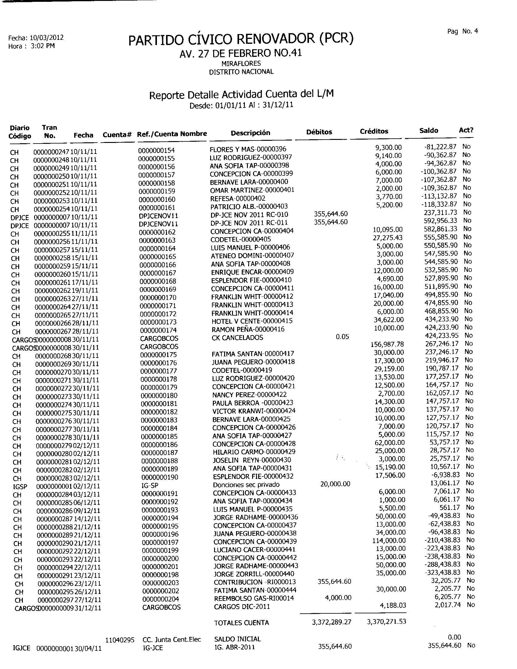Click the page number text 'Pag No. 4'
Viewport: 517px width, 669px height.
(462, 32)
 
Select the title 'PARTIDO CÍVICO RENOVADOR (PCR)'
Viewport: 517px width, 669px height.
(241, 39)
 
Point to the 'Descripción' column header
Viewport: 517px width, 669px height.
(250, 133)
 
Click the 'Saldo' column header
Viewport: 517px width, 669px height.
(429, 131)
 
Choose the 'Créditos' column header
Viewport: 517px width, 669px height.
(374, 131)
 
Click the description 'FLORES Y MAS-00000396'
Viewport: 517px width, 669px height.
(248, 149)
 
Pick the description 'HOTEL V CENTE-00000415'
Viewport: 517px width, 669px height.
(252, 321)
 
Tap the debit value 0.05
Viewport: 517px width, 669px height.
(342, 337)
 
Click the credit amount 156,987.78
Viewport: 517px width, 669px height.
(387, 344)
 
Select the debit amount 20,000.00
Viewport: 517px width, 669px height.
(335, 484)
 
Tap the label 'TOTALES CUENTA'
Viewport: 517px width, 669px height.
(241, 623)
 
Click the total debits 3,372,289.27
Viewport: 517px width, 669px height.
(331, 622)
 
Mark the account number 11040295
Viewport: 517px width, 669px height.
(120, 640)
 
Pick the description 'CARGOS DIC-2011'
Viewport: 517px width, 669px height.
(242, 607)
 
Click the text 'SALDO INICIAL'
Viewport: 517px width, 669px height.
(238, 639)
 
